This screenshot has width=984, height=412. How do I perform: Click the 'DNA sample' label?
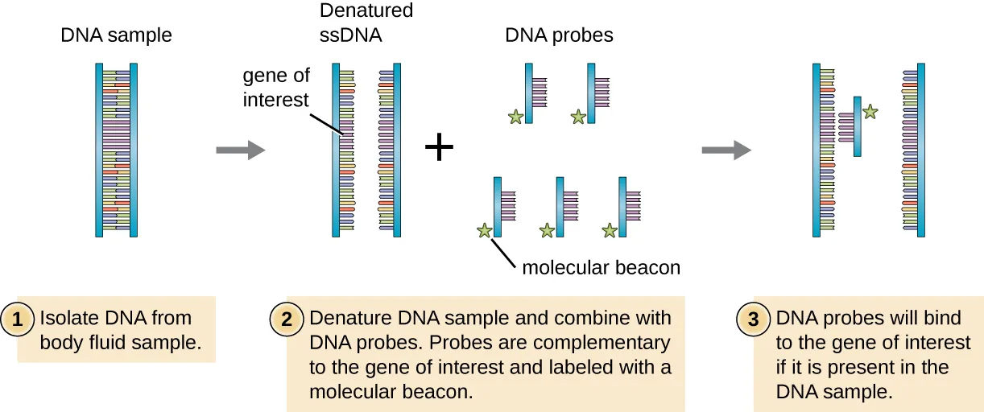[x=117, y=35]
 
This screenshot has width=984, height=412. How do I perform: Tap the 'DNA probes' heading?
[x=559, y=35]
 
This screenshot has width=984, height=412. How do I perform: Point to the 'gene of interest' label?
[x=276, y=89]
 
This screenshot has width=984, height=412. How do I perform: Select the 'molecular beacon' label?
[x=601, y=267]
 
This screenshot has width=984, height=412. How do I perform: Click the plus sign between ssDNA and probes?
[x=439, y=148]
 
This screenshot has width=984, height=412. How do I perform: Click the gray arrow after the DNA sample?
[x=240, y=149]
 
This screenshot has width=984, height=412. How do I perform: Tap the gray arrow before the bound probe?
[x=726, y=149]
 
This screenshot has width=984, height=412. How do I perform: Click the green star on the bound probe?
[x=870, y=113]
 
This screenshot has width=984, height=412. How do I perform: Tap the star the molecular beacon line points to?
[x=484, y=231]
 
